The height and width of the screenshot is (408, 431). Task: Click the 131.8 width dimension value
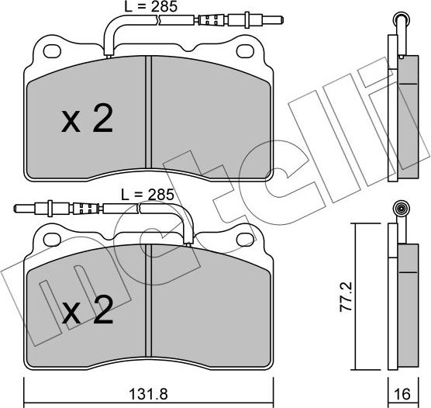click(148, 395)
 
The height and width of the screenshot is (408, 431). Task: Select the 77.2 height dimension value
click(346, 297)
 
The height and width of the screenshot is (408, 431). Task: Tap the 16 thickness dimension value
click(403, 394)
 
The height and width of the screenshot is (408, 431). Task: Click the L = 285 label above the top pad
click(150, 7)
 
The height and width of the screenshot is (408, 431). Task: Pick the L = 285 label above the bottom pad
click(147, 195)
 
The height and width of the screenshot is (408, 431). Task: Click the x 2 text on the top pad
click(87, 119)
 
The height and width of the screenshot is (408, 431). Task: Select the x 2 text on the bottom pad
click(87, 309)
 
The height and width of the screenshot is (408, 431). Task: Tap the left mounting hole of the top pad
click(52, 51)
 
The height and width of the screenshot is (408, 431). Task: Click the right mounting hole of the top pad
click(245, 51)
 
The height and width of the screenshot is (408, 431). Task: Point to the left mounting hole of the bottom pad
click(52, 240)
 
